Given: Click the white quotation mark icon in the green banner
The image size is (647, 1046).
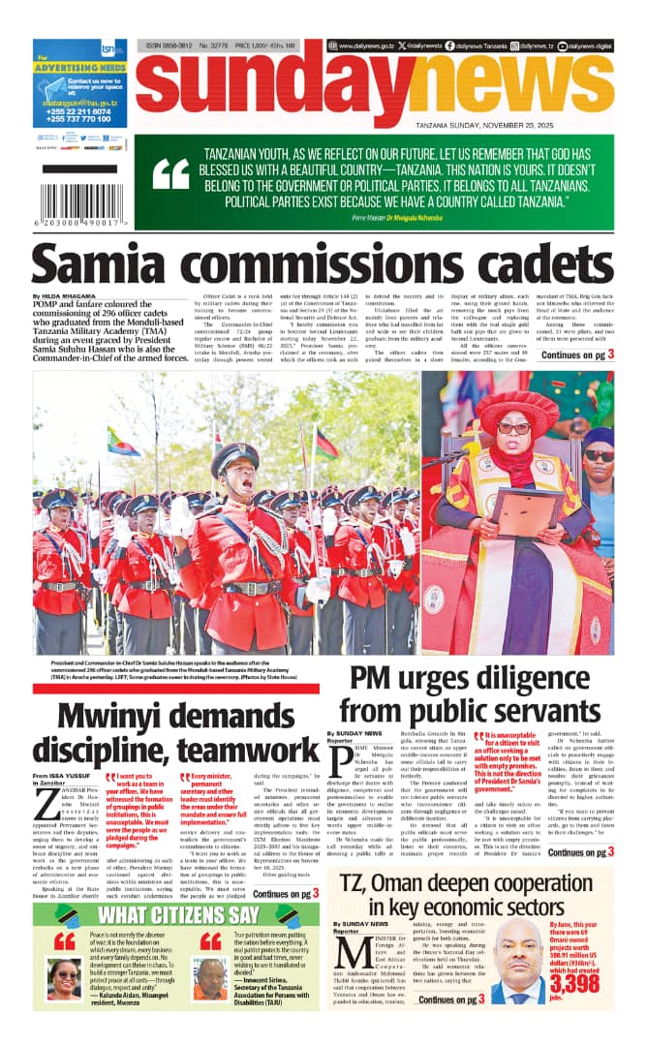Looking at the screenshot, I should [x=170, y=174].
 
